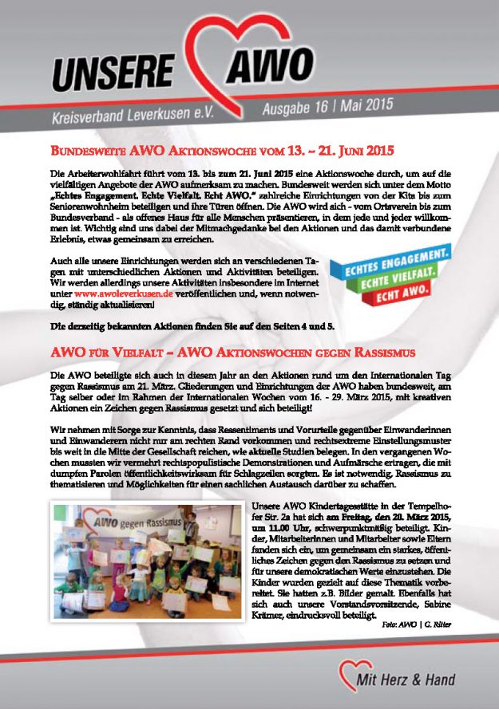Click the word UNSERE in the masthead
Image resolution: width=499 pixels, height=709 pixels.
(x=104, y=69)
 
